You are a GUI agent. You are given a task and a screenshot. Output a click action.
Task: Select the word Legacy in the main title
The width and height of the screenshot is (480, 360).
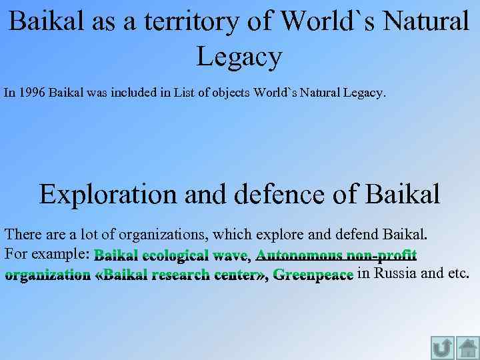(239, 57)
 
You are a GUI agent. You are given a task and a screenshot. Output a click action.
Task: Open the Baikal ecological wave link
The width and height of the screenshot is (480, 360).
(171, 255)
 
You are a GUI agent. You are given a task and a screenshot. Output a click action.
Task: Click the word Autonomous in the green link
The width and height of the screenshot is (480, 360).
(299, 255)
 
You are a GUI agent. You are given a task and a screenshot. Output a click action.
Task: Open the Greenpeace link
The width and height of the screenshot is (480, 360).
(313, 274)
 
